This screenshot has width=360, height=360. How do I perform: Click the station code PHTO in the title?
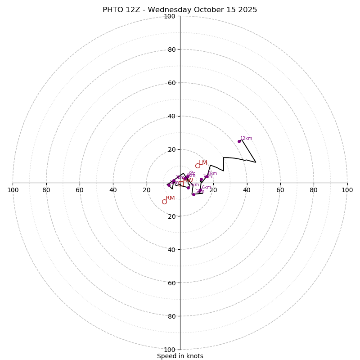tap(113, 10)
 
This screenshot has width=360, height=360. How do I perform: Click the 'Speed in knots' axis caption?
tap(180, 356)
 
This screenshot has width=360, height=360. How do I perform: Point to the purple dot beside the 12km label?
tap(239, 141)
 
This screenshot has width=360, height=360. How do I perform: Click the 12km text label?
tap(246, 139)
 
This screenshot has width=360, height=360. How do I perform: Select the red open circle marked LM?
tap(198, 166)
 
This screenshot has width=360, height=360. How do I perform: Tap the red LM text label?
tap(203, 162)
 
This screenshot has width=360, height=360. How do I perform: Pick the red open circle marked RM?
tap(164, 202)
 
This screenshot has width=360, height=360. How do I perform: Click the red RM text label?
tap(170, 198)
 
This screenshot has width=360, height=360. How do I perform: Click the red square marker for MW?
tap(184, 181)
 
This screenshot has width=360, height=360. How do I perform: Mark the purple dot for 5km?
tap(193, 194)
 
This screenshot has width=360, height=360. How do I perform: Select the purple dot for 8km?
tap(207, 176)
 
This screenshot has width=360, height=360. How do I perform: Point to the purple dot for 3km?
tap(188, 187)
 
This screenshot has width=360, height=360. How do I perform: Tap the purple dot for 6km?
tap(201, 190)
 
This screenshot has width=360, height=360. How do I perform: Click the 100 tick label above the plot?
tap(170, 16)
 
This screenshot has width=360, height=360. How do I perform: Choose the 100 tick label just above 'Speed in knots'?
tap(170, 350)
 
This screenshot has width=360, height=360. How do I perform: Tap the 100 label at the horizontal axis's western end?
tap(13, 190)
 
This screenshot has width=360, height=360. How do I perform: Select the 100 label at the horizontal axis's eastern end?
tap(347, 190)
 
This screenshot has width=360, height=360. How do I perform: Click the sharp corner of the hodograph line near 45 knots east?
tap(256, 162)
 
